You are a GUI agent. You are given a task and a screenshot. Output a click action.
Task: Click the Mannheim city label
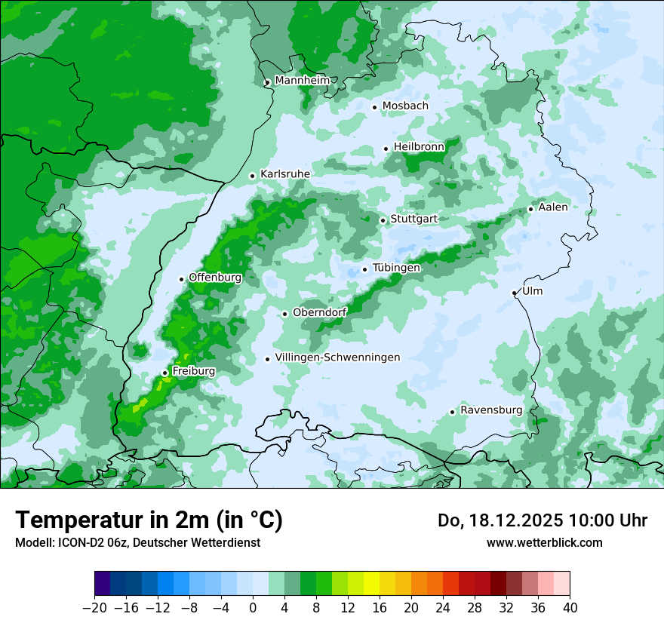click(x=302, y=80)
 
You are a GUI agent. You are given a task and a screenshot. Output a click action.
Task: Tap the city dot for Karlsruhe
click(x=253, y=176)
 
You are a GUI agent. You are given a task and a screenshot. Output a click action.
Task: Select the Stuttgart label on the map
click(x=413, y=219)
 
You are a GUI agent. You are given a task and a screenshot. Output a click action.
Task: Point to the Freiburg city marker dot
click(x=164, y=373)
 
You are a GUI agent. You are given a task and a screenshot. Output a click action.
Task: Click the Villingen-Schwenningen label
click(x=337, y=357)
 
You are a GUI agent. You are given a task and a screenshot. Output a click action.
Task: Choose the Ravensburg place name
click(x=490, y=410)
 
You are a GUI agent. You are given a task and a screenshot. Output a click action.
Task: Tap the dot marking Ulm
click(x=514, y=293)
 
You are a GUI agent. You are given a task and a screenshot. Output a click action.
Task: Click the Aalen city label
click(x=553, y=207)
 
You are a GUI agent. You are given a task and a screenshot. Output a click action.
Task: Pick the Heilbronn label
click(x=419, y=146)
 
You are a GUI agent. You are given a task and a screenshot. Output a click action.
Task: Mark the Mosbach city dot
click(x=374, y=107)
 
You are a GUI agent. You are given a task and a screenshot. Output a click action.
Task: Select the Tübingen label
click(x=396, y=268)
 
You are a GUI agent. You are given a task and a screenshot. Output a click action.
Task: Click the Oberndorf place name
click(x=319, y=312)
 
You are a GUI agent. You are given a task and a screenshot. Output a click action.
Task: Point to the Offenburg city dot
click(x=181, y=279)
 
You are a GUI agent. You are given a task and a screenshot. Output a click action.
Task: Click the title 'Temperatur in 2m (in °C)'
click(x=149, y=520)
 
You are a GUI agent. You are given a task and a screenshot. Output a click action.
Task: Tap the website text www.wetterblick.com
click(x=544, y=542)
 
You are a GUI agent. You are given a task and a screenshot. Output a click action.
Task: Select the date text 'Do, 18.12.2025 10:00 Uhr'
click(x=542, y=520)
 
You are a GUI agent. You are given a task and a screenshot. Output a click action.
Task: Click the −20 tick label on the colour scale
click(x=94, y=607)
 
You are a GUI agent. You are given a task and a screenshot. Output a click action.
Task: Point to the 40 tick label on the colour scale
click(x=570, y=607)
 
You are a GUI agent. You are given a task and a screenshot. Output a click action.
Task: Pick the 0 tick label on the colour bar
click(x=253, y=607)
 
